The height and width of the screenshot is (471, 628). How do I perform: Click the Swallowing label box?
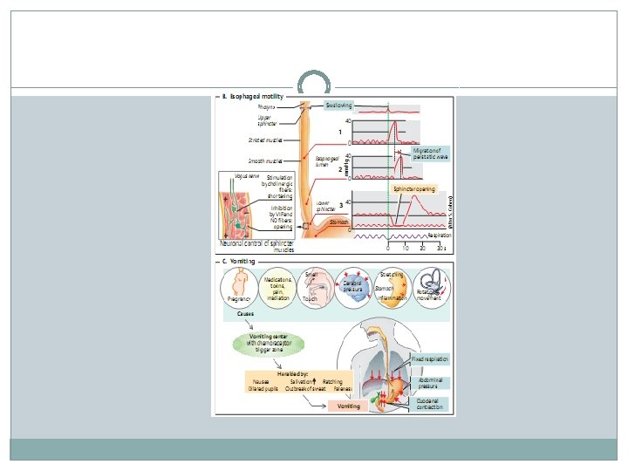tap(339, 105)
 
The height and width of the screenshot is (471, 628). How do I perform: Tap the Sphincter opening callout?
tap(414, 188)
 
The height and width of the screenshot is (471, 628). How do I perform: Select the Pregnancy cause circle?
tap(239, 288)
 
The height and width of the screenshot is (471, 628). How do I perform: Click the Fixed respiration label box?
tap(429, 358)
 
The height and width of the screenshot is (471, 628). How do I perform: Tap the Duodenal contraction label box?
tap(429, 404)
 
